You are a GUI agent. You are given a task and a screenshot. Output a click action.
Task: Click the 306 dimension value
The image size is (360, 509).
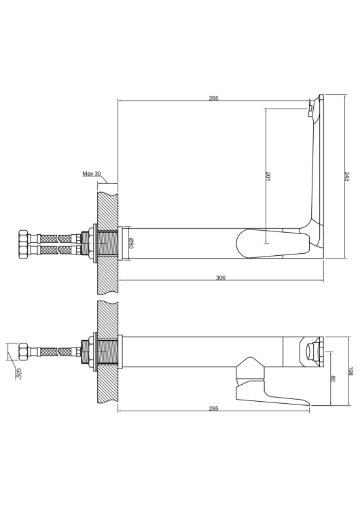(x=221, y=278)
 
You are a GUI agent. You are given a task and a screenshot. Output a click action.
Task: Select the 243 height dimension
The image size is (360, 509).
(x=346, y=176)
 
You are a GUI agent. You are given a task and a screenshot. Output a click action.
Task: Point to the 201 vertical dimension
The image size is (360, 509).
(x=268, y=176)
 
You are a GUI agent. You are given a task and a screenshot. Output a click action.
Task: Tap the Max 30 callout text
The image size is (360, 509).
(x=92, y=174)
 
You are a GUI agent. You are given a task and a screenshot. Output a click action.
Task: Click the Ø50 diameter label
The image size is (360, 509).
(x=130, y=243)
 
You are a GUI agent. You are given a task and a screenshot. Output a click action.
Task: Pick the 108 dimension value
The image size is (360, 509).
(x=350, y=371)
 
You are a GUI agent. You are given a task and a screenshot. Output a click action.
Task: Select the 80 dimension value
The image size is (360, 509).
(x=333, y=379)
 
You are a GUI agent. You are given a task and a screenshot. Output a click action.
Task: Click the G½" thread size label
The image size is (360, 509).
(x=19, y=373)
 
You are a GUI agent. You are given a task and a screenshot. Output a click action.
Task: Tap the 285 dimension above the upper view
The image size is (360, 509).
(x=213, y=98)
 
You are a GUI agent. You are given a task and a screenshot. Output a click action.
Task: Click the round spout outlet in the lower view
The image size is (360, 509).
(x=311, y=352)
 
